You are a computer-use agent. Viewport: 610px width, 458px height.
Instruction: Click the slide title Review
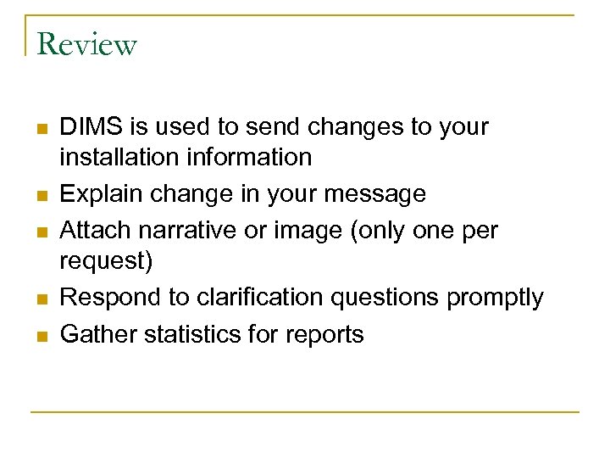click(86, 44)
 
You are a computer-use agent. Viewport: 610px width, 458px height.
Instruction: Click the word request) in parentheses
click(106, 260)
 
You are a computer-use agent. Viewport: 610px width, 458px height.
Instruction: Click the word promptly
click(495, 298)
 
